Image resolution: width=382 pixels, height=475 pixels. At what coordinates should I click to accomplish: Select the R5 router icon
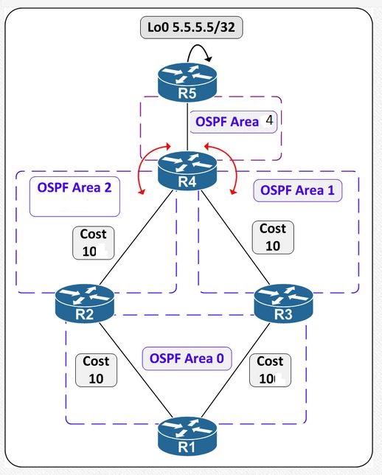(x=188, y=80)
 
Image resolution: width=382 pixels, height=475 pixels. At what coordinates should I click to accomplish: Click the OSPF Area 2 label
(x=74, y=187)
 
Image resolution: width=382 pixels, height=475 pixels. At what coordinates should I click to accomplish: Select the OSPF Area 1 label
(x=297, y=190)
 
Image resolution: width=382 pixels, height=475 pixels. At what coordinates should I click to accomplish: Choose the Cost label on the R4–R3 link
(x=272, y=237)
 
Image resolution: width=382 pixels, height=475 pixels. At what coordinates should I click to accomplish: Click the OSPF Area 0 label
(x=187, y=358)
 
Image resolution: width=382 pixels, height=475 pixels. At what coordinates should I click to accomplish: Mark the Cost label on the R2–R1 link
(x=96, y=369)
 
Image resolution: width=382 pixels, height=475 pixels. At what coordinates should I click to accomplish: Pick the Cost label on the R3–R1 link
(x=271, y=370)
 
